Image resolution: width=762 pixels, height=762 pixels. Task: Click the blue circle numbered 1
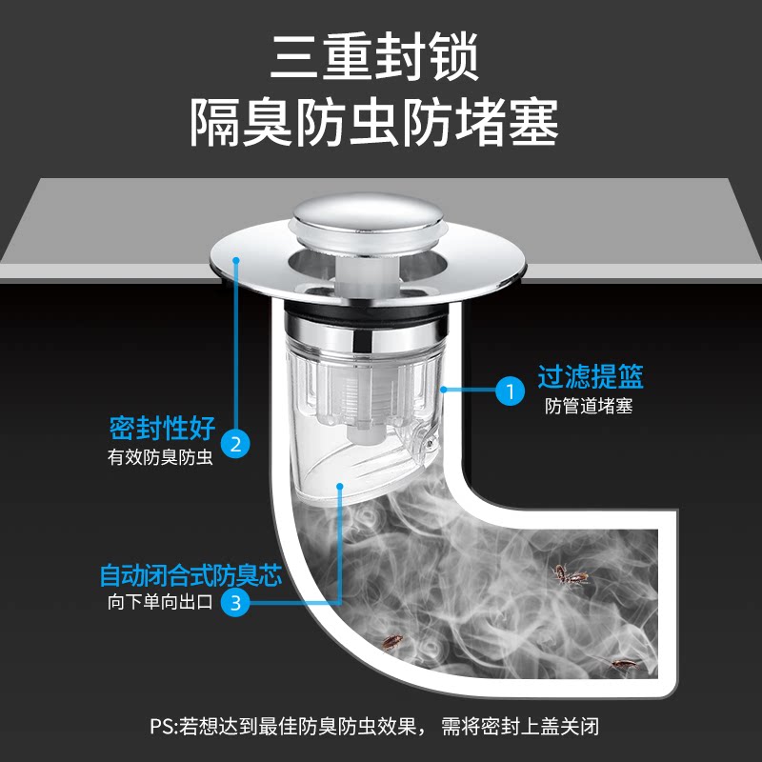[x=510, y=391]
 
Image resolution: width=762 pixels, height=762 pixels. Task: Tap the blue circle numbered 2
[x=235, y=442]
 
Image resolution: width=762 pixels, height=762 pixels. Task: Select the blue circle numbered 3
[x=235, y=601]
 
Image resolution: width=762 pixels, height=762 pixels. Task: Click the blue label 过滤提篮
[x=591, y=377]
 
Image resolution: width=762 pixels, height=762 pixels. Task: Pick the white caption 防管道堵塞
[x=590, y=407]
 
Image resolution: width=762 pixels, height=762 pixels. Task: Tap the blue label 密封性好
[x=162, y=427]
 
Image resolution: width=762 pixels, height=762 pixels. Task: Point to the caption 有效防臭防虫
[x=159, y=456]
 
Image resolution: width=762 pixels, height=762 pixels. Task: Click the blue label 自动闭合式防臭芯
[x=191, y=576]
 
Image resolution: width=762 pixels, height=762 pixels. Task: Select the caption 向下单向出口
[x=159, y=603]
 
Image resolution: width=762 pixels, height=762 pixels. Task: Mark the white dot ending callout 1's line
[x=445, y=390]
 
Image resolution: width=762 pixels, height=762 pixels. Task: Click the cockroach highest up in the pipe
[x=570, y=573]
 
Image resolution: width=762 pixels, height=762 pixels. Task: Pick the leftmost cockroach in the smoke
[x=391, y=642]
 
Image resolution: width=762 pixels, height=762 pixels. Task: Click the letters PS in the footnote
[x=161, y=727]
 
